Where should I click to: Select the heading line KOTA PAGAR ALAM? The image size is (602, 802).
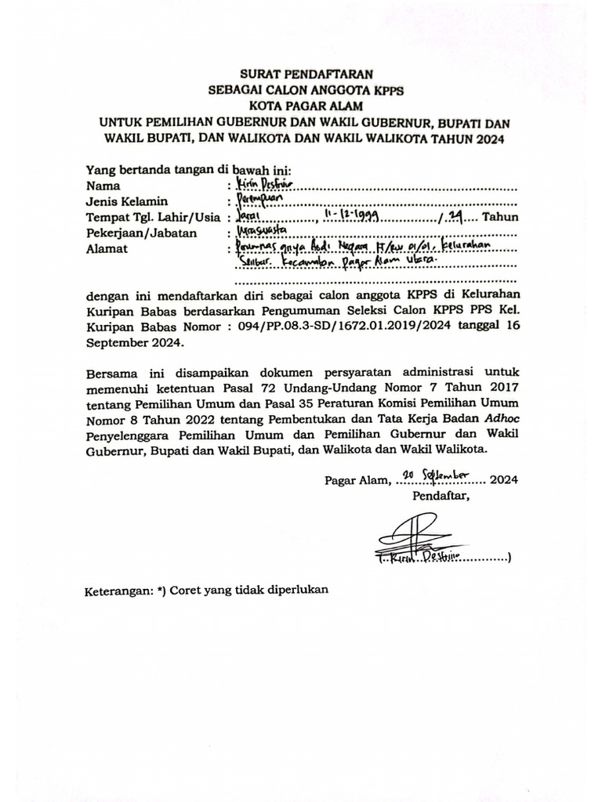(304, 107)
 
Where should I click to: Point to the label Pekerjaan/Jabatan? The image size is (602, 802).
(141, 233)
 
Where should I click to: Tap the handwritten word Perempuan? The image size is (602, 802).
(259, 201)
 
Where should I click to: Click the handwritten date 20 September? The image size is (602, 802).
(433, 476)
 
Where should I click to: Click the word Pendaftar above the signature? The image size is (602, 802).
(441, 495)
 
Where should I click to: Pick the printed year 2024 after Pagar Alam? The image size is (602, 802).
(504, 480)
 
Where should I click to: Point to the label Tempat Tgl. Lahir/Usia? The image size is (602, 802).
(154, 218)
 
